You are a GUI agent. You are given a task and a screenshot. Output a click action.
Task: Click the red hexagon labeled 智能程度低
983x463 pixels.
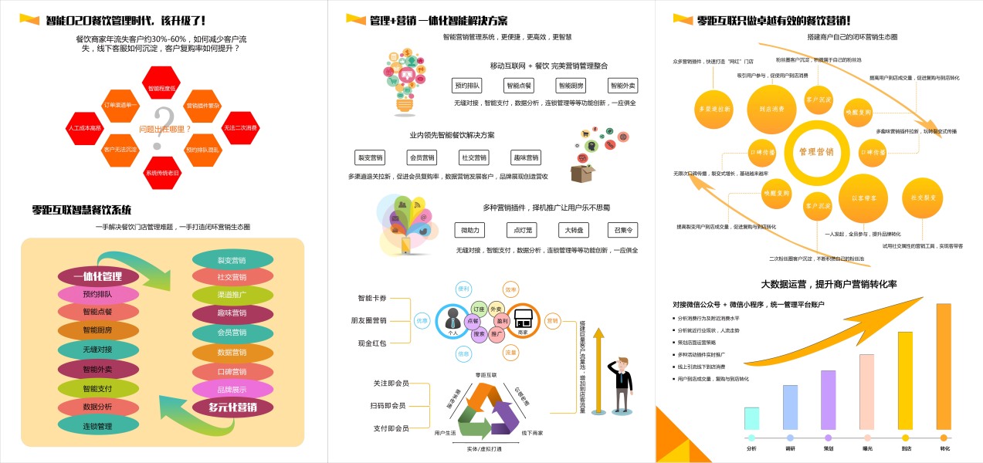(x=161, y=89)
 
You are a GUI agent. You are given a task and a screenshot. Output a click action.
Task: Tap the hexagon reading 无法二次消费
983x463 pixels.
(x=240, y=127)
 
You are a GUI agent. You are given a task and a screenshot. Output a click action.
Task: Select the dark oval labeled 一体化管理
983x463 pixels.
(x=98, y=276)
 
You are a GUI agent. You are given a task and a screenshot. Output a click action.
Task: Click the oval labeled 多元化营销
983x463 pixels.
(x=232, y=407)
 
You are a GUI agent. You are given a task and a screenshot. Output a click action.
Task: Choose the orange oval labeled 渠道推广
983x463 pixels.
(x=232, y=295)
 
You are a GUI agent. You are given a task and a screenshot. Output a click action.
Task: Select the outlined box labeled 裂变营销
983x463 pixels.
(x=370, y=157)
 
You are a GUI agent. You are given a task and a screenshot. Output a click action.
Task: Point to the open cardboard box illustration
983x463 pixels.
(x=584, y=171)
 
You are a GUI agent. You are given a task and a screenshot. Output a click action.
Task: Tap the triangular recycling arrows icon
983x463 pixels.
(x=488, y=409)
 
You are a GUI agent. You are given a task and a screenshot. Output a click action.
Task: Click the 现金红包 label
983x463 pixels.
(x=371, y=343)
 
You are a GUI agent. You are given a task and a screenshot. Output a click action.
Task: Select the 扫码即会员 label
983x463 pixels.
(x=390, y=405)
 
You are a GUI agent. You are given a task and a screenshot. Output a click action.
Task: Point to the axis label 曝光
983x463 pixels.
(x=867, y=448)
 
